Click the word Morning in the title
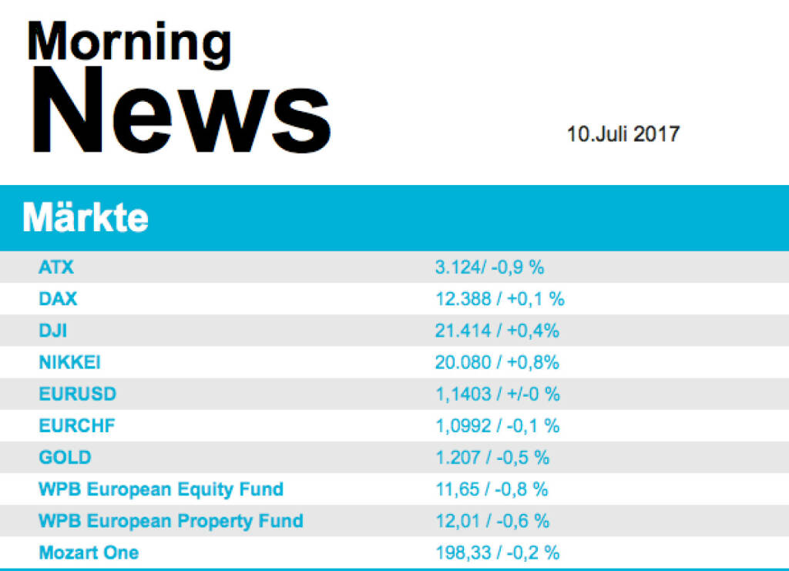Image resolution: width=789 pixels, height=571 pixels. point(129,43)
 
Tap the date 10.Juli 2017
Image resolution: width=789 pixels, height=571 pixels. point(623,134)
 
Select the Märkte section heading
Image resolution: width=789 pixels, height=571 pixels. point(86,219)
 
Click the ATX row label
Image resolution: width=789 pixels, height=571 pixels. point(56,267)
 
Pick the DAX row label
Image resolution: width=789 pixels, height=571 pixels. point(58,299)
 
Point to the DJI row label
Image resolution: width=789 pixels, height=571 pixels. point(54,331)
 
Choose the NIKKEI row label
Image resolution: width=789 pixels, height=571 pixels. point(69,362)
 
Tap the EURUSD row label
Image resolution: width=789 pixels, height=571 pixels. point(77,394)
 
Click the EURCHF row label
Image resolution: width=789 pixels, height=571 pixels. point(76,425)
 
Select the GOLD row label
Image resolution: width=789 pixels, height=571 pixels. point(65,457)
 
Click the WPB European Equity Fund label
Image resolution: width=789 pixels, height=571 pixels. point(161,489)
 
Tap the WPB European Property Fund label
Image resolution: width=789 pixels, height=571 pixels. point(170,520)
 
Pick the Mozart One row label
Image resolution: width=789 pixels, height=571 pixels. point(89,552)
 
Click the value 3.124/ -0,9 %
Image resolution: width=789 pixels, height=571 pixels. point(489,267)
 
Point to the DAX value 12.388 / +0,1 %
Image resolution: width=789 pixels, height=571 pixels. point(499,299)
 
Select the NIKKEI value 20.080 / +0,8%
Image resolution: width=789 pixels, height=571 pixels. point(497,362)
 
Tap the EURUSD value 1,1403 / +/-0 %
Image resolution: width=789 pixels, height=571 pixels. point(497,394)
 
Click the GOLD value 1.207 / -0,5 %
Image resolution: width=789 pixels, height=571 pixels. point(492,457)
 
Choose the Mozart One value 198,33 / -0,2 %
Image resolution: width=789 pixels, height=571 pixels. point(497,552)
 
